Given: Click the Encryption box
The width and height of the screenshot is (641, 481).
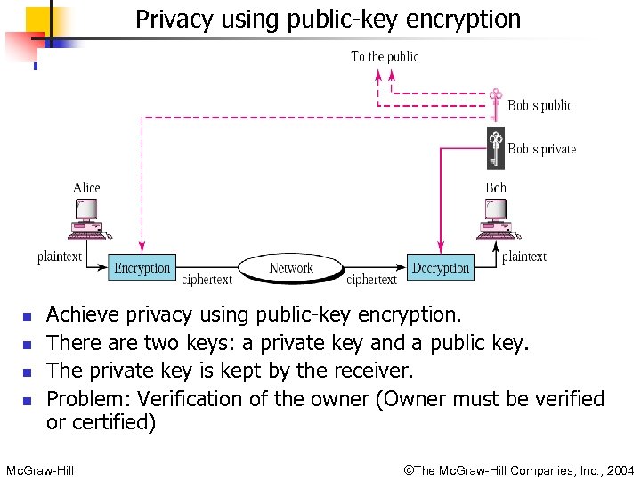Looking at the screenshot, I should point(142,267).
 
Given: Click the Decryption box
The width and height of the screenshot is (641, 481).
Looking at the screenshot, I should point(441,267).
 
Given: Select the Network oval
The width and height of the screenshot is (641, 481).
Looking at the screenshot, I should point(291,267).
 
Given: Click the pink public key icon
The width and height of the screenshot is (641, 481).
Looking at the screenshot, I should point(496,103).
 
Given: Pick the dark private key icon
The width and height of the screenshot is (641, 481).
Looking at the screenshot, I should point(496,148).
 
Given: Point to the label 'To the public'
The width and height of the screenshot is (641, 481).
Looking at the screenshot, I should point(385,56).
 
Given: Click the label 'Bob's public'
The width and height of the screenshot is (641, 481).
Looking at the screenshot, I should point(540,105).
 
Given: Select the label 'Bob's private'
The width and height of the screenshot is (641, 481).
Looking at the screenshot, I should point(541,149).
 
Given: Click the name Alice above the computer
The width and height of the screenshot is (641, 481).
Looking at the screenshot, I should point(86,187).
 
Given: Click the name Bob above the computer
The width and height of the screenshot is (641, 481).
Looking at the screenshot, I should point(496,187).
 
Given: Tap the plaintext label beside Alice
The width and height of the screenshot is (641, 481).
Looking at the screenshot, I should point(60,257).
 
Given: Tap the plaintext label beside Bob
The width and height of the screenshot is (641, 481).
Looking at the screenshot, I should point(524,257).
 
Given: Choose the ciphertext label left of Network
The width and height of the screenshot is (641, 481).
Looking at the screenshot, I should point(207,280).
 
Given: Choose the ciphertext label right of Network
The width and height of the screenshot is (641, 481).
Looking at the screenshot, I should point(371,280).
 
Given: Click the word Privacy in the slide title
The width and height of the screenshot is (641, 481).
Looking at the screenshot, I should point(171,19).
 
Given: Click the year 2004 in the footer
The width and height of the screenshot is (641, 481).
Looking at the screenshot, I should point(620,470).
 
